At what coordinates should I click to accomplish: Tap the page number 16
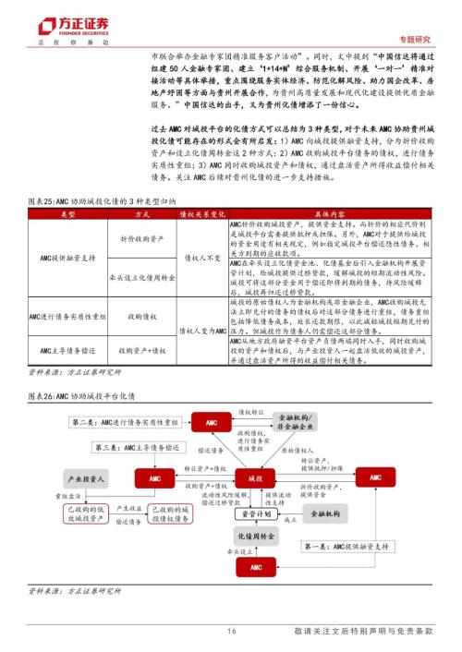pos(232,631)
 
